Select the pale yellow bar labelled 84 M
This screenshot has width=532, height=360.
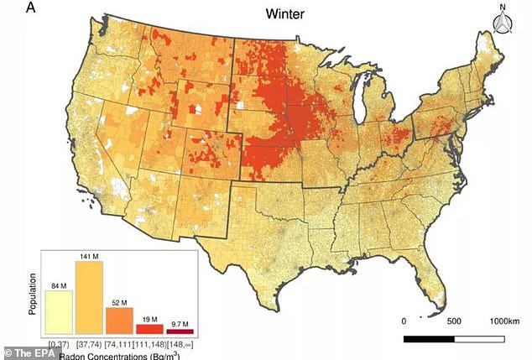[x=59, y=312]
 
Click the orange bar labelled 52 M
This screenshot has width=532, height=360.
[x=119, y=320]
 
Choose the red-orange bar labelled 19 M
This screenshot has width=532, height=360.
[x=149, y=329]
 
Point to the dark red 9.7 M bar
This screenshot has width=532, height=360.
[x=180, y=331]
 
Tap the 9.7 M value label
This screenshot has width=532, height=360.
[x=180, y=323]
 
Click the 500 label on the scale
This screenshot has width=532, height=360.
[x=455, y=322]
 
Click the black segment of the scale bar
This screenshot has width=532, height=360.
[x=429, y=339]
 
